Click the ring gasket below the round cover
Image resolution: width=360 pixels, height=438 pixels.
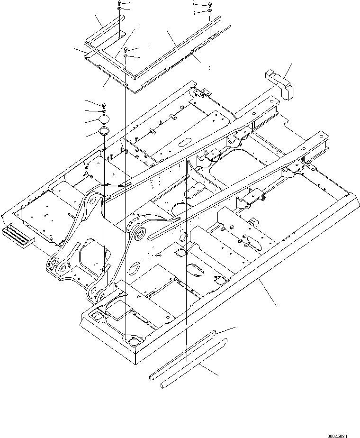[x=105, y=130]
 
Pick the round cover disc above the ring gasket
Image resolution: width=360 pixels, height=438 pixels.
[x=105, y=119]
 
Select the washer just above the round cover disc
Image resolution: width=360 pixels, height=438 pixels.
[x=104, y=111]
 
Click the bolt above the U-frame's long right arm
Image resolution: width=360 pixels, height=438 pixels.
[x=209, y=4]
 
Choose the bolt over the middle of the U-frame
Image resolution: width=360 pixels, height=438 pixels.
[x=126, y=49]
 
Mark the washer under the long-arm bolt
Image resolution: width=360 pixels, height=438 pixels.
[x=209, y=10]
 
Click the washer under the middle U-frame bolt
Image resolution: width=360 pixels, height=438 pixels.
[x=126, y=56]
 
